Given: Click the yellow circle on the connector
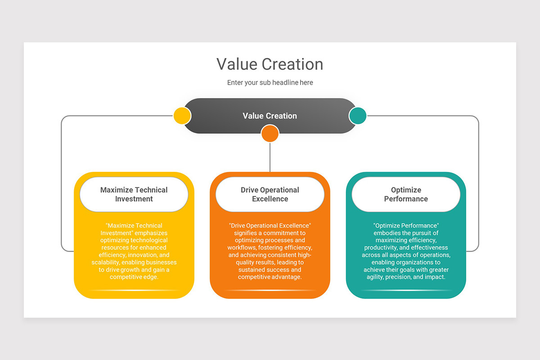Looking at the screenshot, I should tap(182, 116).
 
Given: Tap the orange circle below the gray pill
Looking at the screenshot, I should tap(270, 134).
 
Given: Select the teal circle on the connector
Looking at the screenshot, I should tap(358, 116).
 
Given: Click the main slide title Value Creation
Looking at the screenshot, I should tap(270, 64).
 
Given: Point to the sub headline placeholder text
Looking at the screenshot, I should tap(270, 83).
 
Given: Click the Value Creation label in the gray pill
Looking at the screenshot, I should tap(270, 116).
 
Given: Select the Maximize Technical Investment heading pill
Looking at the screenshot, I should tap(134, 194).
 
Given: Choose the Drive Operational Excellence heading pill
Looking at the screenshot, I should tap(270, 194).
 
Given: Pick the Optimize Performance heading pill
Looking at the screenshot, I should tap(406, 194).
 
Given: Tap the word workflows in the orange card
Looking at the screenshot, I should tap(242, 247).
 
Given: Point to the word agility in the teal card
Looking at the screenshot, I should tap(376, 277).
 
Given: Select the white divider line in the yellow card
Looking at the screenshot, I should tap(134, 291).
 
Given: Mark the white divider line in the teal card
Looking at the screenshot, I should tap(406, 291).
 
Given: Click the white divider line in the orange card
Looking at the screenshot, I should tap(270, 291).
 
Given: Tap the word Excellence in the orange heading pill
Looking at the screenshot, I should tap(270, 199).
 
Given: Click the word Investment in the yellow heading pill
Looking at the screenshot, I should tap(134, 199).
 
